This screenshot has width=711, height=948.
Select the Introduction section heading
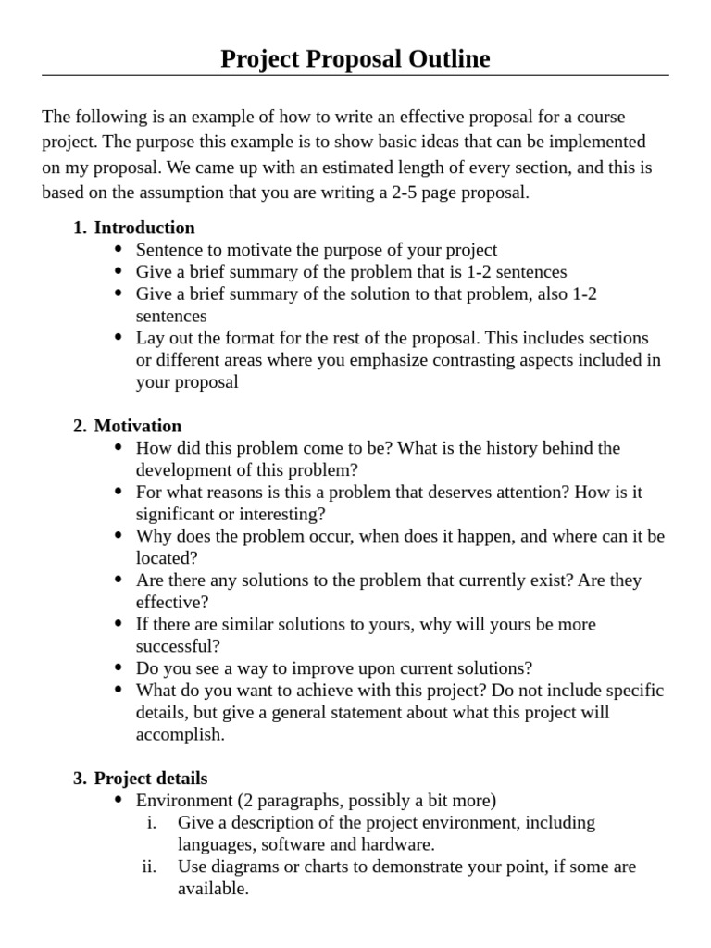tap(144, 228)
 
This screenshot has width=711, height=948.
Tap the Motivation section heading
tap(138, 426)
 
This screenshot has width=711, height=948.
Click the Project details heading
tap(151, 779)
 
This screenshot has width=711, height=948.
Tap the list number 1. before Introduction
tap(80, 228)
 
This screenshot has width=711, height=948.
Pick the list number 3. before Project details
tap(80, 779)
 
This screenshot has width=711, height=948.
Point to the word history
tap(509, 448)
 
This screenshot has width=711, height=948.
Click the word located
tap(164, 558)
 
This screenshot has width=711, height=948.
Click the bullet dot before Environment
tap(118, 801)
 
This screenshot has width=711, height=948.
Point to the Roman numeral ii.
tap(148, 867)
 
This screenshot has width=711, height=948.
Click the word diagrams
tap(241, 867)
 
